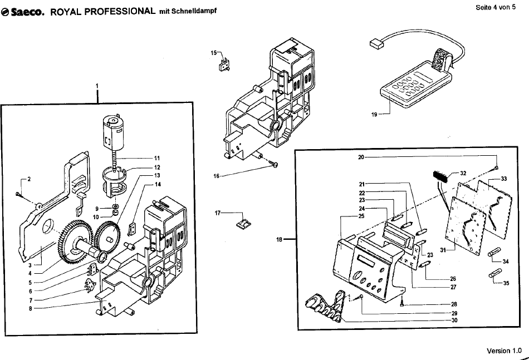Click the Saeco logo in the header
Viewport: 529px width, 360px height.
coord(23,12)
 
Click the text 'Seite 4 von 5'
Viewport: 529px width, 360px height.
coord(496,7)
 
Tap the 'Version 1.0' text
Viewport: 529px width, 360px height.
coord(504,351)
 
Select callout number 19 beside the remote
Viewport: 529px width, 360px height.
coord(374,115)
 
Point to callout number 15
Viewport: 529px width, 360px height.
coord(214,53)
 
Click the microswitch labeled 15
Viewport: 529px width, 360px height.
coord(224,65)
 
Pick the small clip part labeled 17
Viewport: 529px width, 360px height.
coord(243,223)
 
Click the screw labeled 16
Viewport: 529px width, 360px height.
coord(275,164)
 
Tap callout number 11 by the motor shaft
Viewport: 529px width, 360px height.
coord(157,158)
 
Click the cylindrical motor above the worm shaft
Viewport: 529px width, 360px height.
coord(113,133)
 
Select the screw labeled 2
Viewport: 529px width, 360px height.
coord(18,194)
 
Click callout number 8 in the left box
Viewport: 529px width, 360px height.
coord(31,308)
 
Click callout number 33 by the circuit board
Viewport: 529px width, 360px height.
coord(504,179)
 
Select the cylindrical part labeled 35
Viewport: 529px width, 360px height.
coord(495,273)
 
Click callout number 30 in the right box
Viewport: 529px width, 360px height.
coord(454,320)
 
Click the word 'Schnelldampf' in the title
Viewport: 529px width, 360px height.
coord(194,11)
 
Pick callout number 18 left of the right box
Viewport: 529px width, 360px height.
coord(279,240)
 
